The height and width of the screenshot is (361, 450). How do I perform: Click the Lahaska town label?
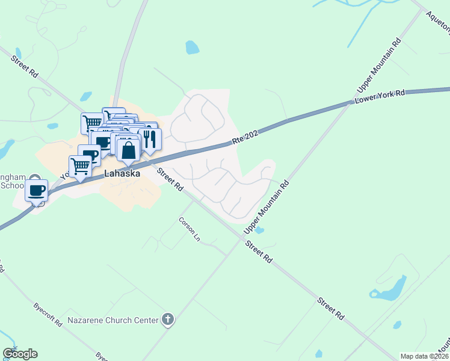click(122, 173)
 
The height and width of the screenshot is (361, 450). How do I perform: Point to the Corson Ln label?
click(189, 229)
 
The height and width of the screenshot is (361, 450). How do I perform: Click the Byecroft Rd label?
click(48, 314)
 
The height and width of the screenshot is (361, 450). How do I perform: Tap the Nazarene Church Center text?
click(113, 320)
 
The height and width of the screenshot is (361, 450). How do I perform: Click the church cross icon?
click(168, 320)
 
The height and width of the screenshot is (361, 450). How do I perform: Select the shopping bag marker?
click(129, 150)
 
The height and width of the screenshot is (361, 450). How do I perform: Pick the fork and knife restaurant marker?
click(150, 139)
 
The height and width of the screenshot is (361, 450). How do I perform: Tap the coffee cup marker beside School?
click(37, 190)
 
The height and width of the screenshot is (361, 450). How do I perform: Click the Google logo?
click(20, 354)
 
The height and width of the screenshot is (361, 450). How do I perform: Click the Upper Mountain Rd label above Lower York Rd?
click(378, 66)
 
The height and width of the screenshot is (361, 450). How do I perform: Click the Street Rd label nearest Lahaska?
click(170, 179)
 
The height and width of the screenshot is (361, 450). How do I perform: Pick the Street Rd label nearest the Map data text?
click(331, 307)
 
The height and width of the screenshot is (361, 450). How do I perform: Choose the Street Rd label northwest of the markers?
click(25, 66)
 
